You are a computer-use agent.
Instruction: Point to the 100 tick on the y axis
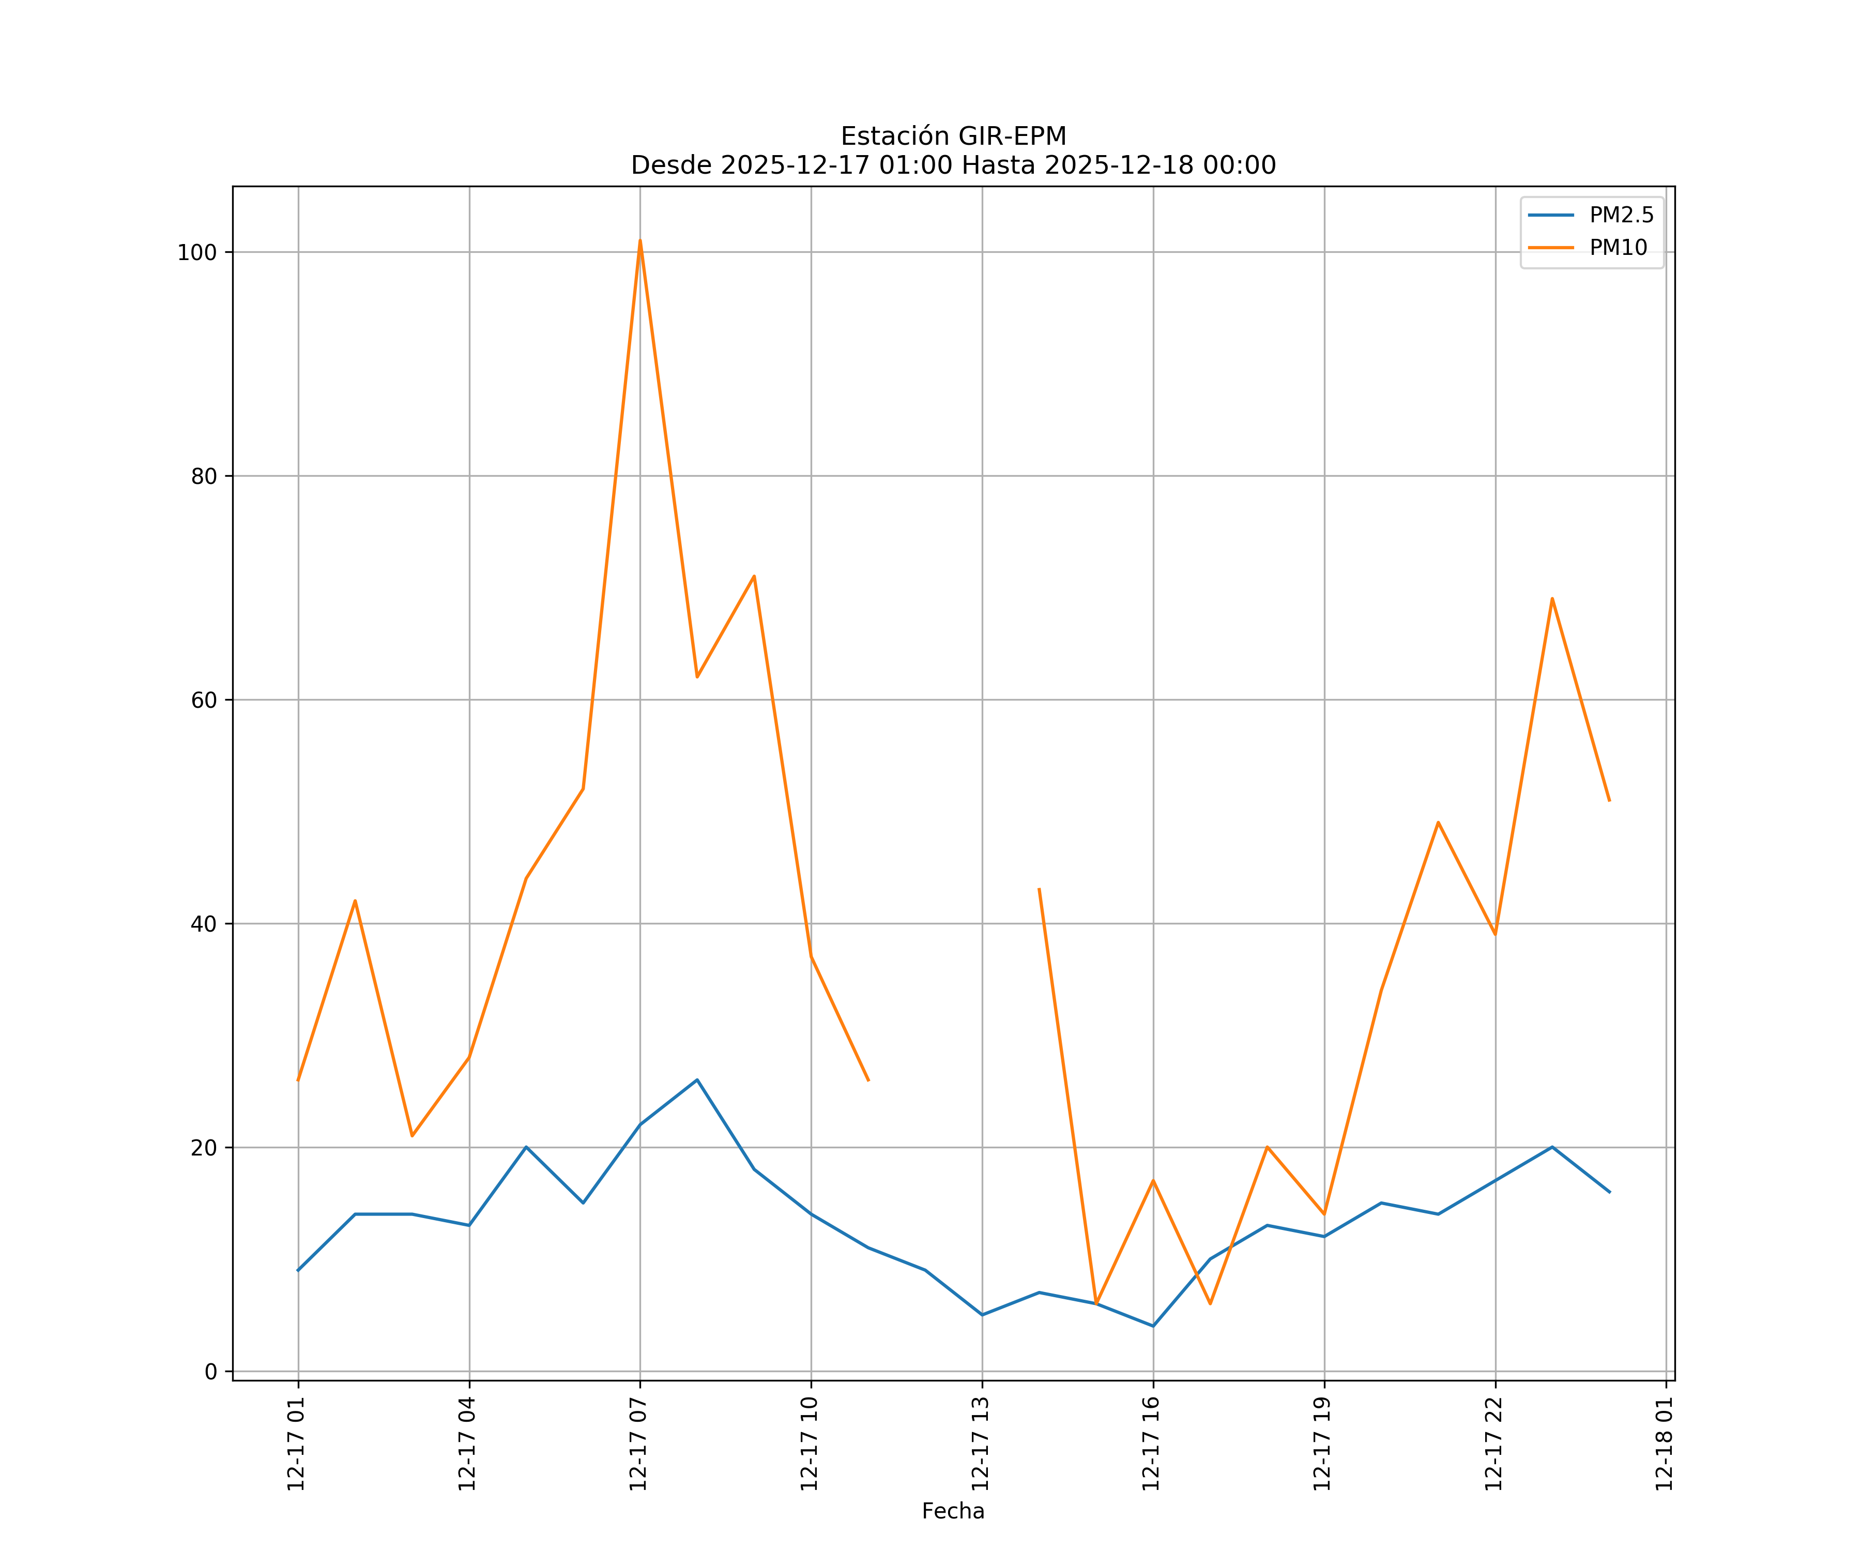[197, 253]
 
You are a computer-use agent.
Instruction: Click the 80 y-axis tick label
[204, 476]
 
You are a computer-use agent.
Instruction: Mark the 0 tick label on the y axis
[211, 1372]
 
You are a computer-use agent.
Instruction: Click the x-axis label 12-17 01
[296, 1444]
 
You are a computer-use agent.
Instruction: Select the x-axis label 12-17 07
[638, 1444]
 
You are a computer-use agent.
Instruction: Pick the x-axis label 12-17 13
[980, 1444]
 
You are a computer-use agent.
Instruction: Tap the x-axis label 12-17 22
[1493, 1444]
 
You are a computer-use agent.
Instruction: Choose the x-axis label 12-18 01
[1664, 1444]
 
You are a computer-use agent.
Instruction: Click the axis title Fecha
[953, 1511]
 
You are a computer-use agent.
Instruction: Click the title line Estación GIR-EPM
[953, 136]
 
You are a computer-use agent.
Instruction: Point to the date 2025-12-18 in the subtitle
[1119, 166]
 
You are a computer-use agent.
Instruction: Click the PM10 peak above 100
[640, 241]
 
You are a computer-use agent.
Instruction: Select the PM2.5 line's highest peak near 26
[696, 1081]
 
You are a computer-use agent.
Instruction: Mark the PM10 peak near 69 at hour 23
[1552, 598]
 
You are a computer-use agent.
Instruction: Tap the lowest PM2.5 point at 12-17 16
[1153, 1326]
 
